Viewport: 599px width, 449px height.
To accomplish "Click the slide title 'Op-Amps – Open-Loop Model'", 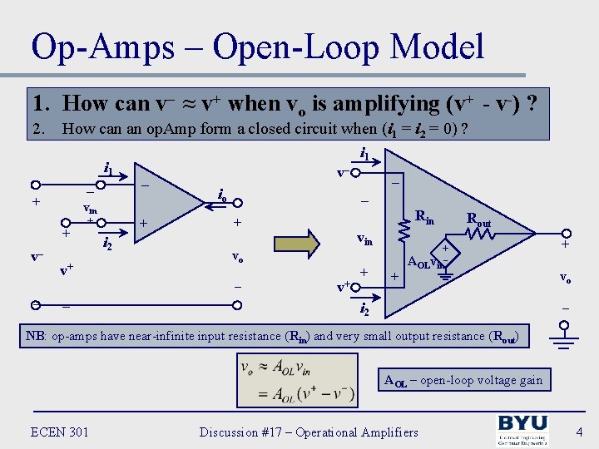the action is click(x=257, y=47).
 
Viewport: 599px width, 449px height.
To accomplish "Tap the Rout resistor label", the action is click(x=478, y=221).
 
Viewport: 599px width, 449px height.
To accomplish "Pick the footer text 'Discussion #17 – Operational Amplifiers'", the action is click(x=309, y=432).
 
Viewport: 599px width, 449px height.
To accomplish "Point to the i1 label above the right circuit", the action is click(x=364, y=154).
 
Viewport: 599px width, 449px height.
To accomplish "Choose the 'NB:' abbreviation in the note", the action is click(x=36, y=336).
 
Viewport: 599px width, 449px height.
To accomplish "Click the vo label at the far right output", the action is click(x=565, y=277).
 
